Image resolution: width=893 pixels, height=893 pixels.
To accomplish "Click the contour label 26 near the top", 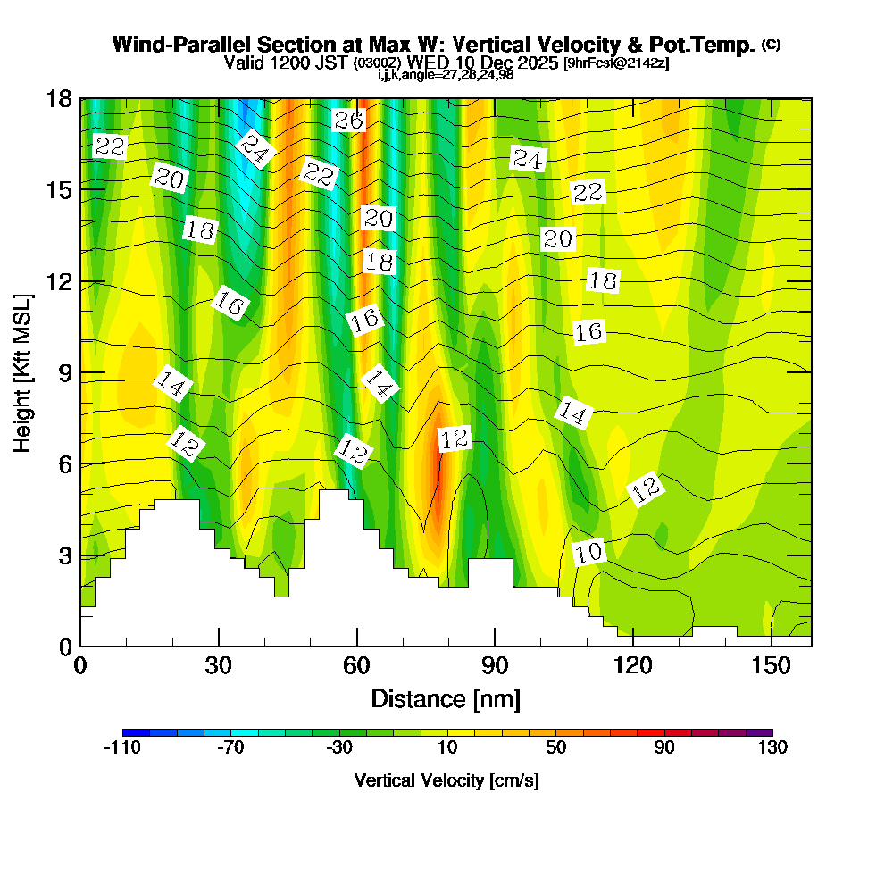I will (348, 121).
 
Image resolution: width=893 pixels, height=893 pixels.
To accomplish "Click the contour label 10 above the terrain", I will (588, 553).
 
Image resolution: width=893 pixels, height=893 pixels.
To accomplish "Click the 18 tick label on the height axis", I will (60, 99).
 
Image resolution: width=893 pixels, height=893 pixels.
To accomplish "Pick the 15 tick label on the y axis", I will (60, 190).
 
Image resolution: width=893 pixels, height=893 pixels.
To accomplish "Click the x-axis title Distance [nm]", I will (446, 698).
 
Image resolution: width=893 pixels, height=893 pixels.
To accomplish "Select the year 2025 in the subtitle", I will (537, 63).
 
